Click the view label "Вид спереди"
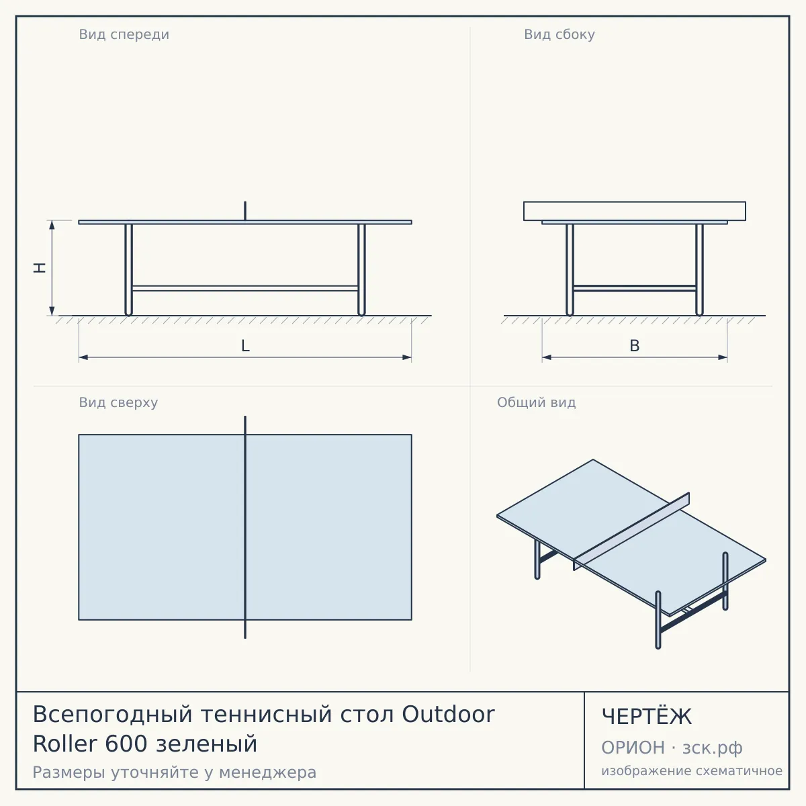124,34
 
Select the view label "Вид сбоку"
559,34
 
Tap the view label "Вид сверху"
118,402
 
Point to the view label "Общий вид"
536,402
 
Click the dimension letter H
40,268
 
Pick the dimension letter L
245,346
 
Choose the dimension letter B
635,346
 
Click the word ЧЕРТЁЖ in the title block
647,717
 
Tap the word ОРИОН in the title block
633,748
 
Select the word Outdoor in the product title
449,714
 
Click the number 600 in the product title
126,744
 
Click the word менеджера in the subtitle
268,773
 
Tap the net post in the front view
245,211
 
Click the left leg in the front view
128,269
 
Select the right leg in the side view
699,269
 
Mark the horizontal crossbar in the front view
245,288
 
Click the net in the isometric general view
631,531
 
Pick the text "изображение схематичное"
692,771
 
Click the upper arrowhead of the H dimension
52,225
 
